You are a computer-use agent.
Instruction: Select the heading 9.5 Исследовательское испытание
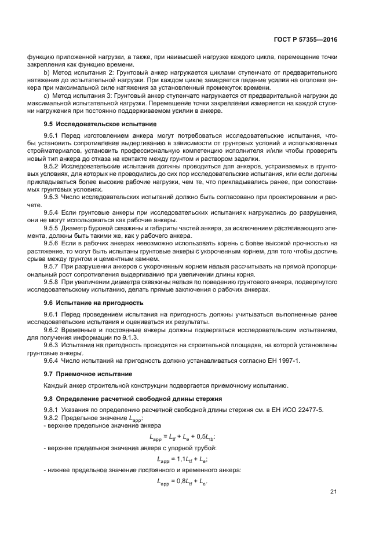click(x=95, y=124)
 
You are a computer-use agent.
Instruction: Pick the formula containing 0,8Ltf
click(x=182, y=481)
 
